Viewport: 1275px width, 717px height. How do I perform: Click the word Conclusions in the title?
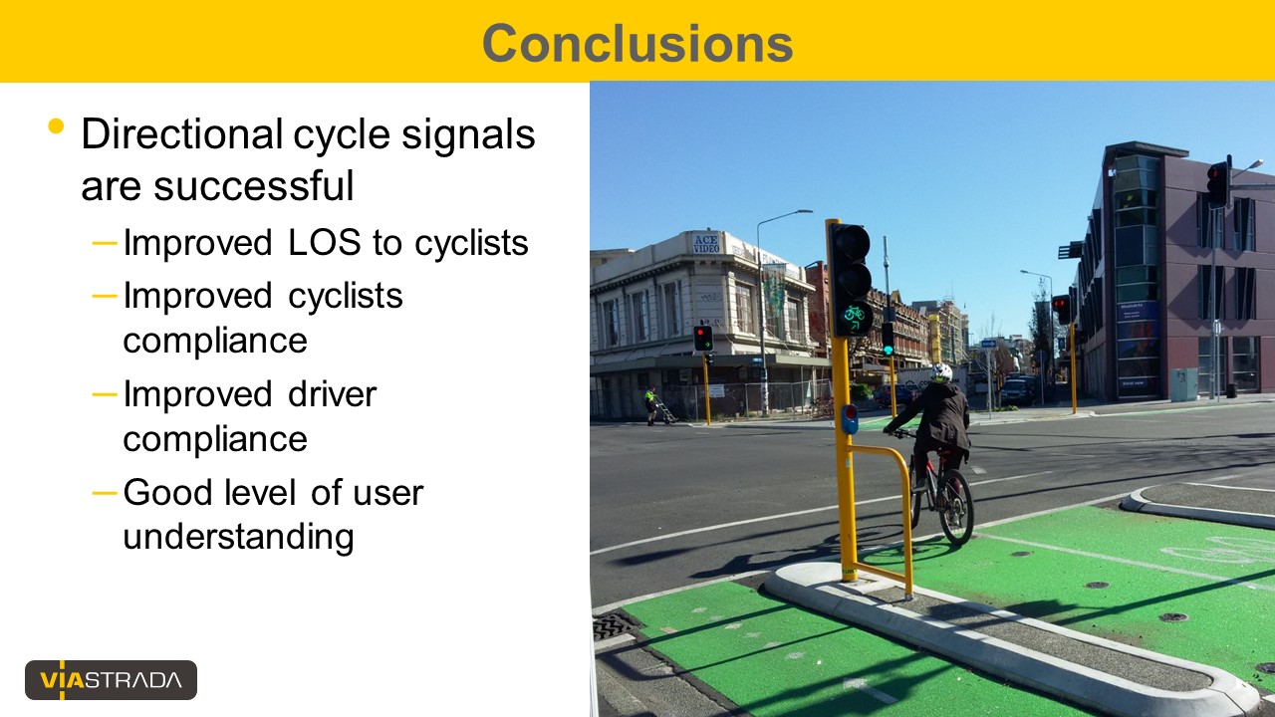click(637, 43)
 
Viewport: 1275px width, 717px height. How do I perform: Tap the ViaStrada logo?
click(111, 680)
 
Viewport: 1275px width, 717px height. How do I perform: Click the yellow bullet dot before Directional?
click(57, 125)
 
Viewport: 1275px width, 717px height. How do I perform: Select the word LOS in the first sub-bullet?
click(325, 242)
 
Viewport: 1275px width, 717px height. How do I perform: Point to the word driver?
click(333, 393)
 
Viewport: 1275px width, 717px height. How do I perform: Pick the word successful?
click(254, 185)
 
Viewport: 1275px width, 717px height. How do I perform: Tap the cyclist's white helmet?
click(941, 372)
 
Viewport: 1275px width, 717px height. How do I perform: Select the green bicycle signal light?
click(854, 319)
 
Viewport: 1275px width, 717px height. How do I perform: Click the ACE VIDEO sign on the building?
click(706, 244)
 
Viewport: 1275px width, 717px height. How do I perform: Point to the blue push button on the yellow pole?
click(850, 419)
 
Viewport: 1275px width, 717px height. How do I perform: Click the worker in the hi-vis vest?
click(650, 405)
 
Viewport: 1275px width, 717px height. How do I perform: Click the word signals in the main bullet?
click(468, 135)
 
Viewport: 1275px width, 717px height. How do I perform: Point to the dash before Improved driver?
click(105, 393)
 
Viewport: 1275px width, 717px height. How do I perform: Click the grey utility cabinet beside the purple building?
click(1184, 384)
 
